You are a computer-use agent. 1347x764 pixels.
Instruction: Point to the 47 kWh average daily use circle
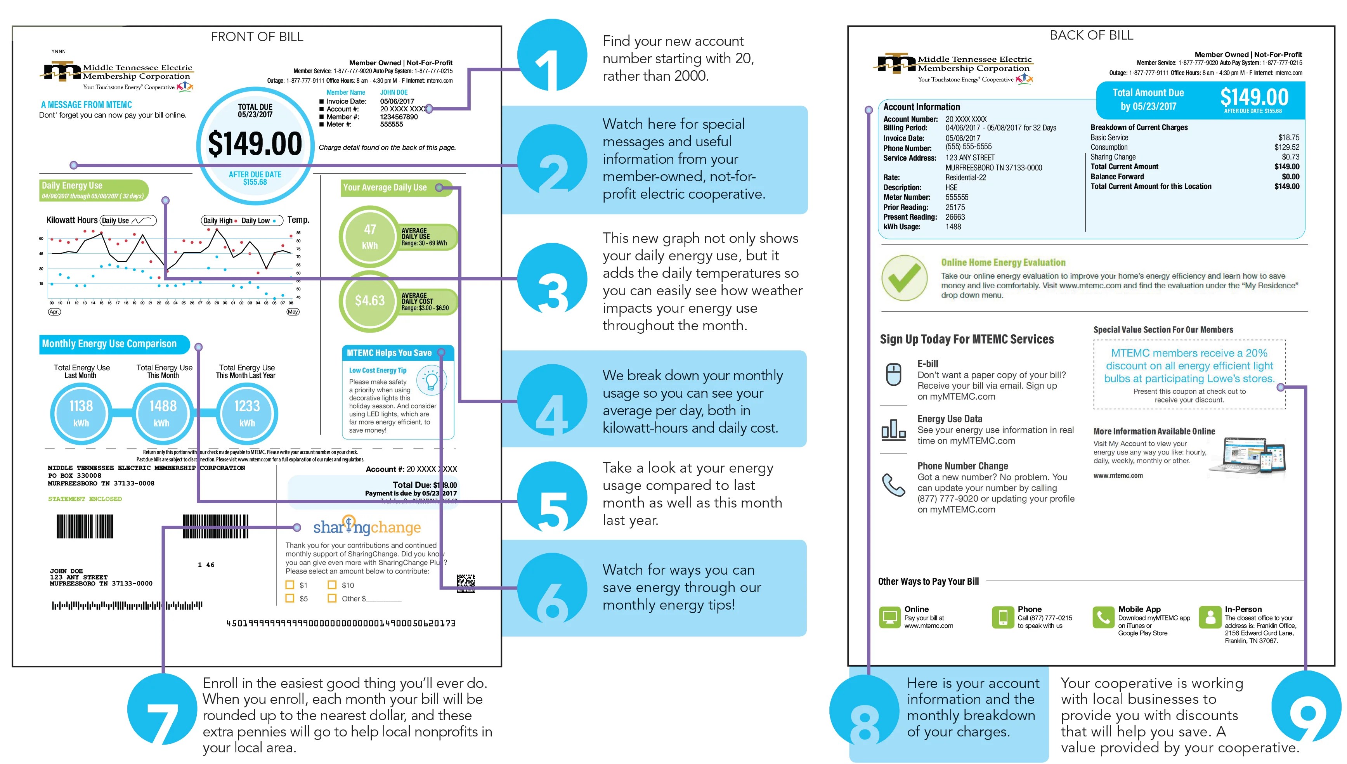point(370,236)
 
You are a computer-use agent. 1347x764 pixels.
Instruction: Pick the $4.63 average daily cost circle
point(370,301)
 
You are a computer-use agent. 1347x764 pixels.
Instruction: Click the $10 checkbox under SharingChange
point(332,585)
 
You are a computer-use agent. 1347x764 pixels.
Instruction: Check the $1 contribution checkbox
point(290,585)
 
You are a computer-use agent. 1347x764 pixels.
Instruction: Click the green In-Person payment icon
point(1210,617)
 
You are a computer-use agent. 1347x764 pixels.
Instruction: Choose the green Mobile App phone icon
point(1103,617)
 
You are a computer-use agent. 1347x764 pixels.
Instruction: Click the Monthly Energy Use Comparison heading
point(109,344)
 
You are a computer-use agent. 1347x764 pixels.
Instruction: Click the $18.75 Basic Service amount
point(1288,137)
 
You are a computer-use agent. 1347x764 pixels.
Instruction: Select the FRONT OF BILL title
point(257,37)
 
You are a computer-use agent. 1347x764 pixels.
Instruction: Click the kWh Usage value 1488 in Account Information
point(953,227)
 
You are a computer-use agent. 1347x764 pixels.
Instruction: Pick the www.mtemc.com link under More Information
point(1118,475)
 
